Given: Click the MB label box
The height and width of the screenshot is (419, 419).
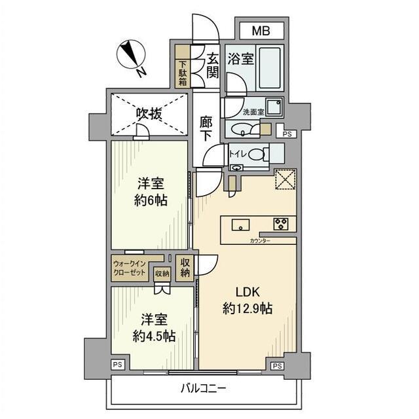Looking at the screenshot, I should [260, 31].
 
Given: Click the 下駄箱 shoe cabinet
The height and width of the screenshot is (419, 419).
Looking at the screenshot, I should [182, 73].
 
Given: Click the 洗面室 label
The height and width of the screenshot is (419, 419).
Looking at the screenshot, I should [253, 113].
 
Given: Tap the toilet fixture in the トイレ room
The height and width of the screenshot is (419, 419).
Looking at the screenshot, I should [257, 155].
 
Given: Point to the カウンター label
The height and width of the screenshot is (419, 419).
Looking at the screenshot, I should [260, 242].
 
